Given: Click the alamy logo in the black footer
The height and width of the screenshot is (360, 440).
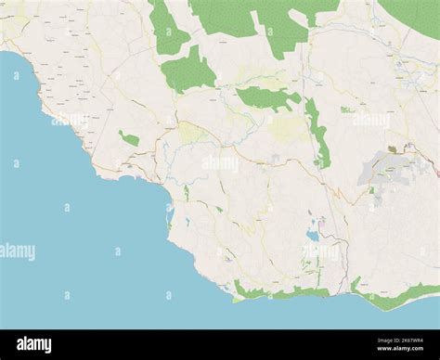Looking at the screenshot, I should pyautogui.click(x=34, y=345).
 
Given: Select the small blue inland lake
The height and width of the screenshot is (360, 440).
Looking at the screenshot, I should pyautogui.click(x=313, y=236).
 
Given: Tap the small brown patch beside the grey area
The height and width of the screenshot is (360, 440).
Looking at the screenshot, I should pyautogui.click(x=392, y=148).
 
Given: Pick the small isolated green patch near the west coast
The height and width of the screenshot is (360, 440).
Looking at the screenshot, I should pyautogui.click(x=129, y=138).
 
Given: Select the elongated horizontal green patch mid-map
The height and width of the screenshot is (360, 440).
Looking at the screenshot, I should pyautogui.click(x=265, y=96).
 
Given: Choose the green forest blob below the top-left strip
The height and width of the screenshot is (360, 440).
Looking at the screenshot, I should pyautogui.click(x=188, y=71).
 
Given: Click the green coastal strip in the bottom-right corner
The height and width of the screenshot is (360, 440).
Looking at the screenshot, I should pyautogui.click(x=395, y=296).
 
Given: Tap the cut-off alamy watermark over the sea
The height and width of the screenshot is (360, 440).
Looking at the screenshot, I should pyautogui.click(x=17, y=251).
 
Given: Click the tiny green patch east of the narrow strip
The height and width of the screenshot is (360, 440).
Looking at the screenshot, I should pyautogui.click(x=346, y=109).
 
